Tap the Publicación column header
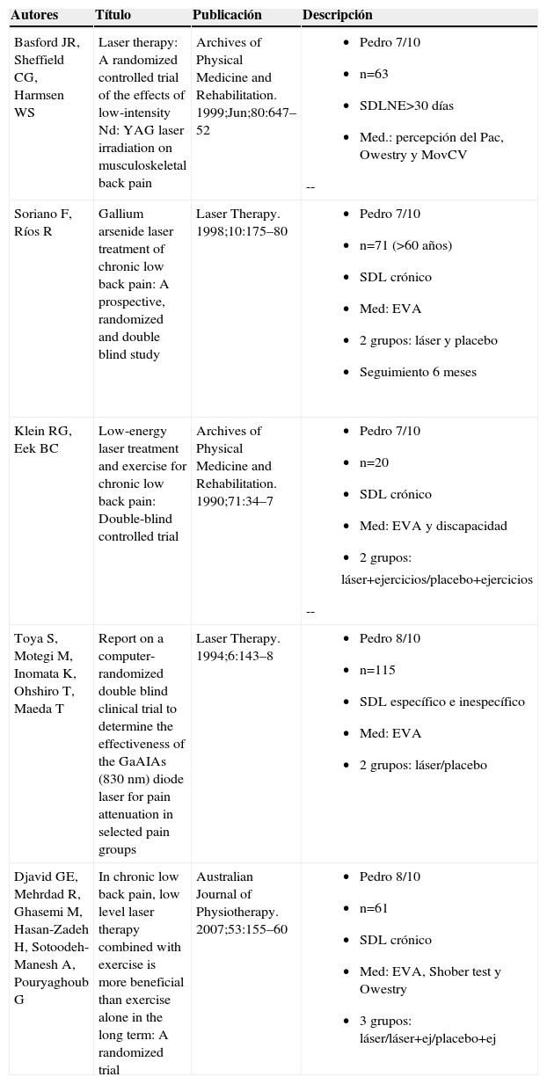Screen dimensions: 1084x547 click(227, 16)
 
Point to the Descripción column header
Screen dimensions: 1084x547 click(337, 16)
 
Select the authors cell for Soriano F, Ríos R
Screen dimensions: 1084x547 click(42, 222)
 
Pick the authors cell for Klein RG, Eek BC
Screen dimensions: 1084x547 click(42, 440)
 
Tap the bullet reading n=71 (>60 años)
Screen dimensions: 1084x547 click(405, 245)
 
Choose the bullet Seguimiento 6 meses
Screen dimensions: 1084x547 click(418, 372)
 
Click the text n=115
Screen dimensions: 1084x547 click(377, 670)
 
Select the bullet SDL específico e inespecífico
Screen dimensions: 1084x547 click(441, 702)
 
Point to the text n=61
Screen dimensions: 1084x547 click(374, 908)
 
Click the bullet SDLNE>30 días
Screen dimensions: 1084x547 click(406, 105)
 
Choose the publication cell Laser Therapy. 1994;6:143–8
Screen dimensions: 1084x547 click(237, 647)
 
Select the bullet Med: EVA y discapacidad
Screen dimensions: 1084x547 click(433, 526)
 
